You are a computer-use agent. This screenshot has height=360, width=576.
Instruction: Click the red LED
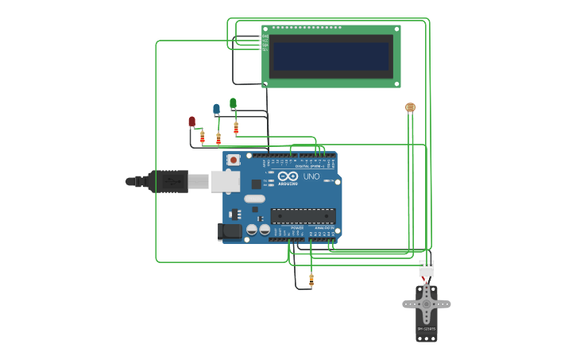(191, 121)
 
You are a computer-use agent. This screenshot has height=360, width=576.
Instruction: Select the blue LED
(216, 109)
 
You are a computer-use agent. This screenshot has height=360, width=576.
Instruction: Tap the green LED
(233, 103)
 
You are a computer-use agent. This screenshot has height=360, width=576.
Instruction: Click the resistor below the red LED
(202, 137)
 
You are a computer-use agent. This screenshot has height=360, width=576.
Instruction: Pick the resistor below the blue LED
(218, 138)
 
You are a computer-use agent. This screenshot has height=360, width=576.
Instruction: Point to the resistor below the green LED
(236, 127)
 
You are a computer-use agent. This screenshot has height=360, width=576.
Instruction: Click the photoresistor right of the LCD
(410, 106)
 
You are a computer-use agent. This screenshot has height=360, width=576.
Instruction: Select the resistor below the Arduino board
(311, 280)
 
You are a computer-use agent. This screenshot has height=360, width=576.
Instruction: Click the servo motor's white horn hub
(427, 304)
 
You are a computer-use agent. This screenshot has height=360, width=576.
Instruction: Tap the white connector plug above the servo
(427, 269)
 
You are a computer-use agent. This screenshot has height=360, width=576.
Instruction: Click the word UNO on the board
(311, 176)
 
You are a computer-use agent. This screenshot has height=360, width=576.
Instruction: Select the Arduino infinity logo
(288, 176)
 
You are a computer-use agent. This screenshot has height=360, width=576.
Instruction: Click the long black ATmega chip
(303, 215)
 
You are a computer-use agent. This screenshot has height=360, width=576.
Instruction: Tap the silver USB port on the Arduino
(225, 181)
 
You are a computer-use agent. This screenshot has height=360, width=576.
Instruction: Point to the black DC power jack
(230, 231)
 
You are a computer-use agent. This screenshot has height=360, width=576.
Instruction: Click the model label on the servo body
(427, 329)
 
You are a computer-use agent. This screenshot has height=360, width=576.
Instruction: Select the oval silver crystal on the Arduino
(254, 198)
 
